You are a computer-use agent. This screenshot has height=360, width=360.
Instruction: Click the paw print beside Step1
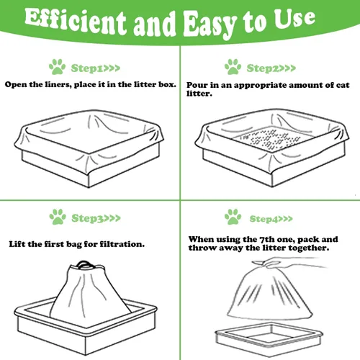click(x=57, y=67)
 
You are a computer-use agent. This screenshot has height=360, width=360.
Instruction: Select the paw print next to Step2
click(x=233, y=67)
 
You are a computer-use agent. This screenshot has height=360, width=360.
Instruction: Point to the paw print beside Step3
click(x=58, y=217)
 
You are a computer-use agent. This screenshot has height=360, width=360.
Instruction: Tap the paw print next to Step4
click(x=233, y=217)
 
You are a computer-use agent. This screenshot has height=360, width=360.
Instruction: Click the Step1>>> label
click(x=96, y=68)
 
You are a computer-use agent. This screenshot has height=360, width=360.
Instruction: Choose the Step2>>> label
click(x=271, y=68)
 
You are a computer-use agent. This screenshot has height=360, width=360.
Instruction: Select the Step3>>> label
click(x=96, y=218)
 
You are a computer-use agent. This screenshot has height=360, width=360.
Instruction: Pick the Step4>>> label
click(x=271, y=219)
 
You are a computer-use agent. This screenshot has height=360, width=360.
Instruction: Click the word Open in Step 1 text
click(x=16, y=85)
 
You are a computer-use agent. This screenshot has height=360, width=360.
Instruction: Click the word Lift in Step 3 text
click(x=17, y=244)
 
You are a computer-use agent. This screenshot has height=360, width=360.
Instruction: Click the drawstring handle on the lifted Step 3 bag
click(x=84, y=264)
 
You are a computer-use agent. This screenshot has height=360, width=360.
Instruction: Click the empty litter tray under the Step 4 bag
click(x=269, y=336)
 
